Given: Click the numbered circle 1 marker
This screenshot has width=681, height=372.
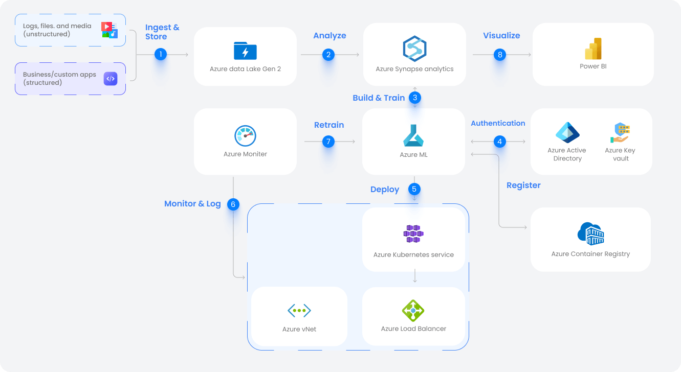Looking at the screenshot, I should [161, 54].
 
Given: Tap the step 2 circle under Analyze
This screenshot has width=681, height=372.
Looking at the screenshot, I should [328, 55].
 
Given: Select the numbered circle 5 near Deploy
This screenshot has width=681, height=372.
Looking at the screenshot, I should [414, 189].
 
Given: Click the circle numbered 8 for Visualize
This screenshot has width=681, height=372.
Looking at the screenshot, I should [499, 55].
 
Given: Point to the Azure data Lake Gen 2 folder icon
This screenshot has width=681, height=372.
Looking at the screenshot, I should [245, 51].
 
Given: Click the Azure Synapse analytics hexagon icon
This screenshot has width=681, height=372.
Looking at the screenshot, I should [414, 49].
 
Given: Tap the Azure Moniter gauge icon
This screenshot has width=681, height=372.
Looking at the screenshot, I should [245, 136].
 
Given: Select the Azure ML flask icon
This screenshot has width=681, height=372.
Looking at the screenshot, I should [413, 135].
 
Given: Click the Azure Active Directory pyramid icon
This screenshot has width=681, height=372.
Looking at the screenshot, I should [567, 132].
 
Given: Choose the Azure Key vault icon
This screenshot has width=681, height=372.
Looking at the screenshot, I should [620, 133].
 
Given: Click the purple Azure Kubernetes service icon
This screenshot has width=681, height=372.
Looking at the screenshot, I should [414, 234].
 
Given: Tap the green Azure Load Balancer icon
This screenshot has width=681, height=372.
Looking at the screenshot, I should [413, 310].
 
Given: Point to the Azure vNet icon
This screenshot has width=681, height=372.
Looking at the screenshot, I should [299, 310].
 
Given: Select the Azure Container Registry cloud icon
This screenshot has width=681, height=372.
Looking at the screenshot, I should [590, 234].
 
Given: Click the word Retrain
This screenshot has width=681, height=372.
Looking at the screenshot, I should [329, 125].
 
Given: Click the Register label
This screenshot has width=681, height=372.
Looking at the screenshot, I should [523, 185].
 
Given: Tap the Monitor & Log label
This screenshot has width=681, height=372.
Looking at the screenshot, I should [192, 203].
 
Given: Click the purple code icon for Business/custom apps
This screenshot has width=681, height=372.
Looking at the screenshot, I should [111, 78].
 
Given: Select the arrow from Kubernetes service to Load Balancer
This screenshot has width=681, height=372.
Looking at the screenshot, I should [414, 276].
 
